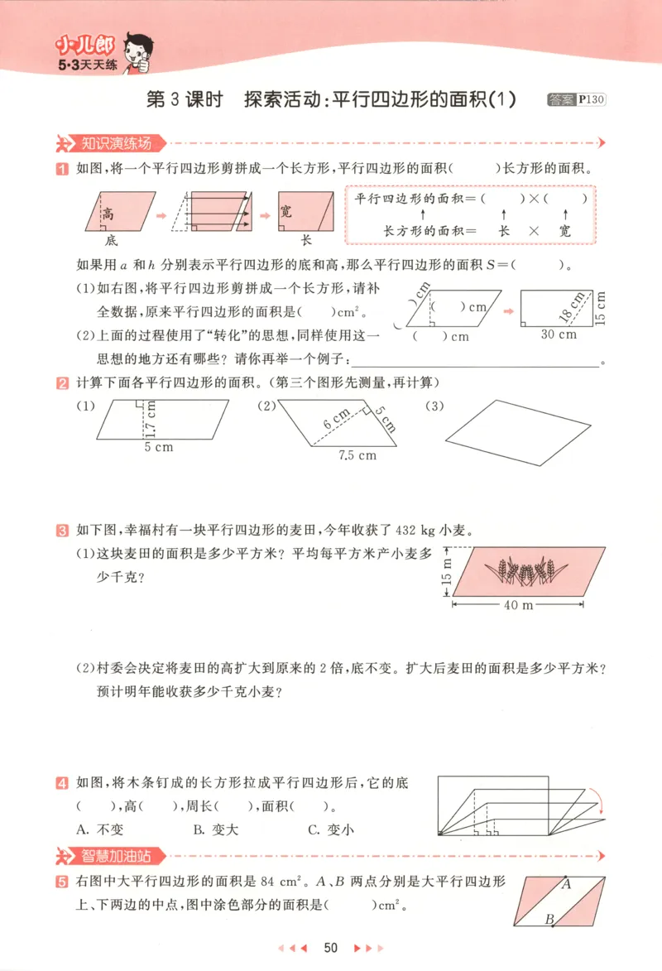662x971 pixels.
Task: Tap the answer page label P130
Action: (592, 99)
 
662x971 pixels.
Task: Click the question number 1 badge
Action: (61, 169)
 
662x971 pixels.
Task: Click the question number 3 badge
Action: (61, 530)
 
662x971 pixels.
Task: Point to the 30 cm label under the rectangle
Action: (558, 334)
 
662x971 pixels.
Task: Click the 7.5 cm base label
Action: (357, 455)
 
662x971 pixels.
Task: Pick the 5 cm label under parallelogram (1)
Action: (158, 447)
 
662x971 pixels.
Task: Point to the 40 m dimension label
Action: (518, 605)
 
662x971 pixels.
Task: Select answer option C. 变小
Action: (330, 829)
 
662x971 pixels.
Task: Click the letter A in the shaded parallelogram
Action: (567, 884)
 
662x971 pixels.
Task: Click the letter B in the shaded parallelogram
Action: (549, 918)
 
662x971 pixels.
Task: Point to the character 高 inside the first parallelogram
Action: (108, 213)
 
